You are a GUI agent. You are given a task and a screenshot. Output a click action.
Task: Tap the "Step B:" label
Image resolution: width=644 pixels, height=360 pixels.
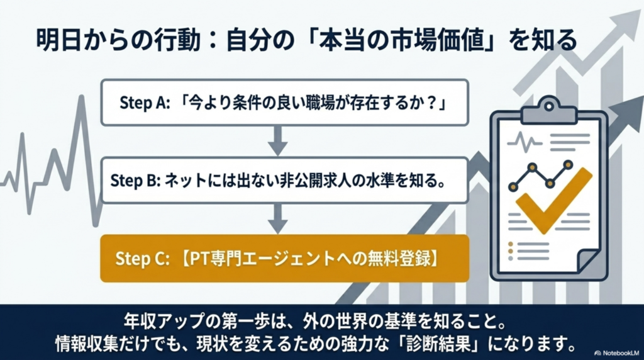pos(136,181)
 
